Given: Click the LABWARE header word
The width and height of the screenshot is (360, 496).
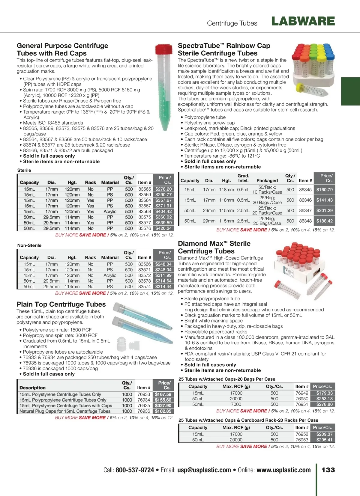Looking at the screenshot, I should coord(303,21).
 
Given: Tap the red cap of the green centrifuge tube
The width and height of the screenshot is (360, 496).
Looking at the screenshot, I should coord(164,49).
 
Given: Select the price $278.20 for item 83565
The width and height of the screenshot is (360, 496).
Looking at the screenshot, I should coord(163,189).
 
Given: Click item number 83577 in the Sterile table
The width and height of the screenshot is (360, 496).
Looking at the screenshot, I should coord(145,223).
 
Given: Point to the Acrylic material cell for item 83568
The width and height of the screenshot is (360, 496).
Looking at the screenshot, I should coord(110,212).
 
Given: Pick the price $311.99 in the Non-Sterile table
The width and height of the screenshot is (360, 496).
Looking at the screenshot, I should coord(163,275).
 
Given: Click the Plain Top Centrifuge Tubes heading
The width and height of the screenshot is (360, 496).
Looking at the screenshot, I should coord(61,304).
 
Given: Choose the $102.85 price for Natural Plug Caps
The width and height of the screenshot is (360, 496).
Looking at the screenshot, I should coord(163,411).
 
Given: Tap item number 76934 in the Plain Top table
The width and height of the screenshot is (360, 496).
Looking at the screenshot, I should coord(144,400).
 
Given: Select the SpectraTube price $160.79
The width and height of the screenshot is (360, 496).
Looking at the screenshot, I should coord(324,190).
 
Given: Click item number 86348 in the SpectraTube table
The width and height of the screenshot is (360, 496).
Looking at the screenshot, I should coord(305,221).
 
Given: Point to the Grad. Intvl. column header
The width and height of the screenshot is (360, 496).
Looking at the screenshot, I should coord(243,178).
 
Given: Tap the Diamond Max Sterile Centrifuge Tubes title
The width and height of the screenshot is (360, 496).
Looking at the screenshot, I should coord(214,247).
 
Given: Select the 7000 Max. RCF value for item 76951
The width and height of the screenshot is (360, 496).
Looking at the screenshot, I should coord(236,404).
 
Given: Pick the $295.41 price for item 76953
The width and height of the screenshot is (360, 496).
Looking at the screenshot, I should coord(324,440).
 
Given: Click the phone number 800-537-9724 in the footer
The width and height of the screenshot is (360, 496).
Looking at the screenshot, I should coord(135,470).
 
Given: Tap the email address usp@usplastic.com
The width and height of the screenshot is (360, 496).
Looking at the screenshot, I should coord(204,470).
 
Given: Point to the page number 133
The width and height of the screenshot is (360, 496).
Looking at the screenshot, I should coord(328,470).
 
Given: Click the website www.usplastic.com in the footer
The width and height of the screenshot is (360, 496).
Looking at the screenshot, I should coord(283,470).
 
